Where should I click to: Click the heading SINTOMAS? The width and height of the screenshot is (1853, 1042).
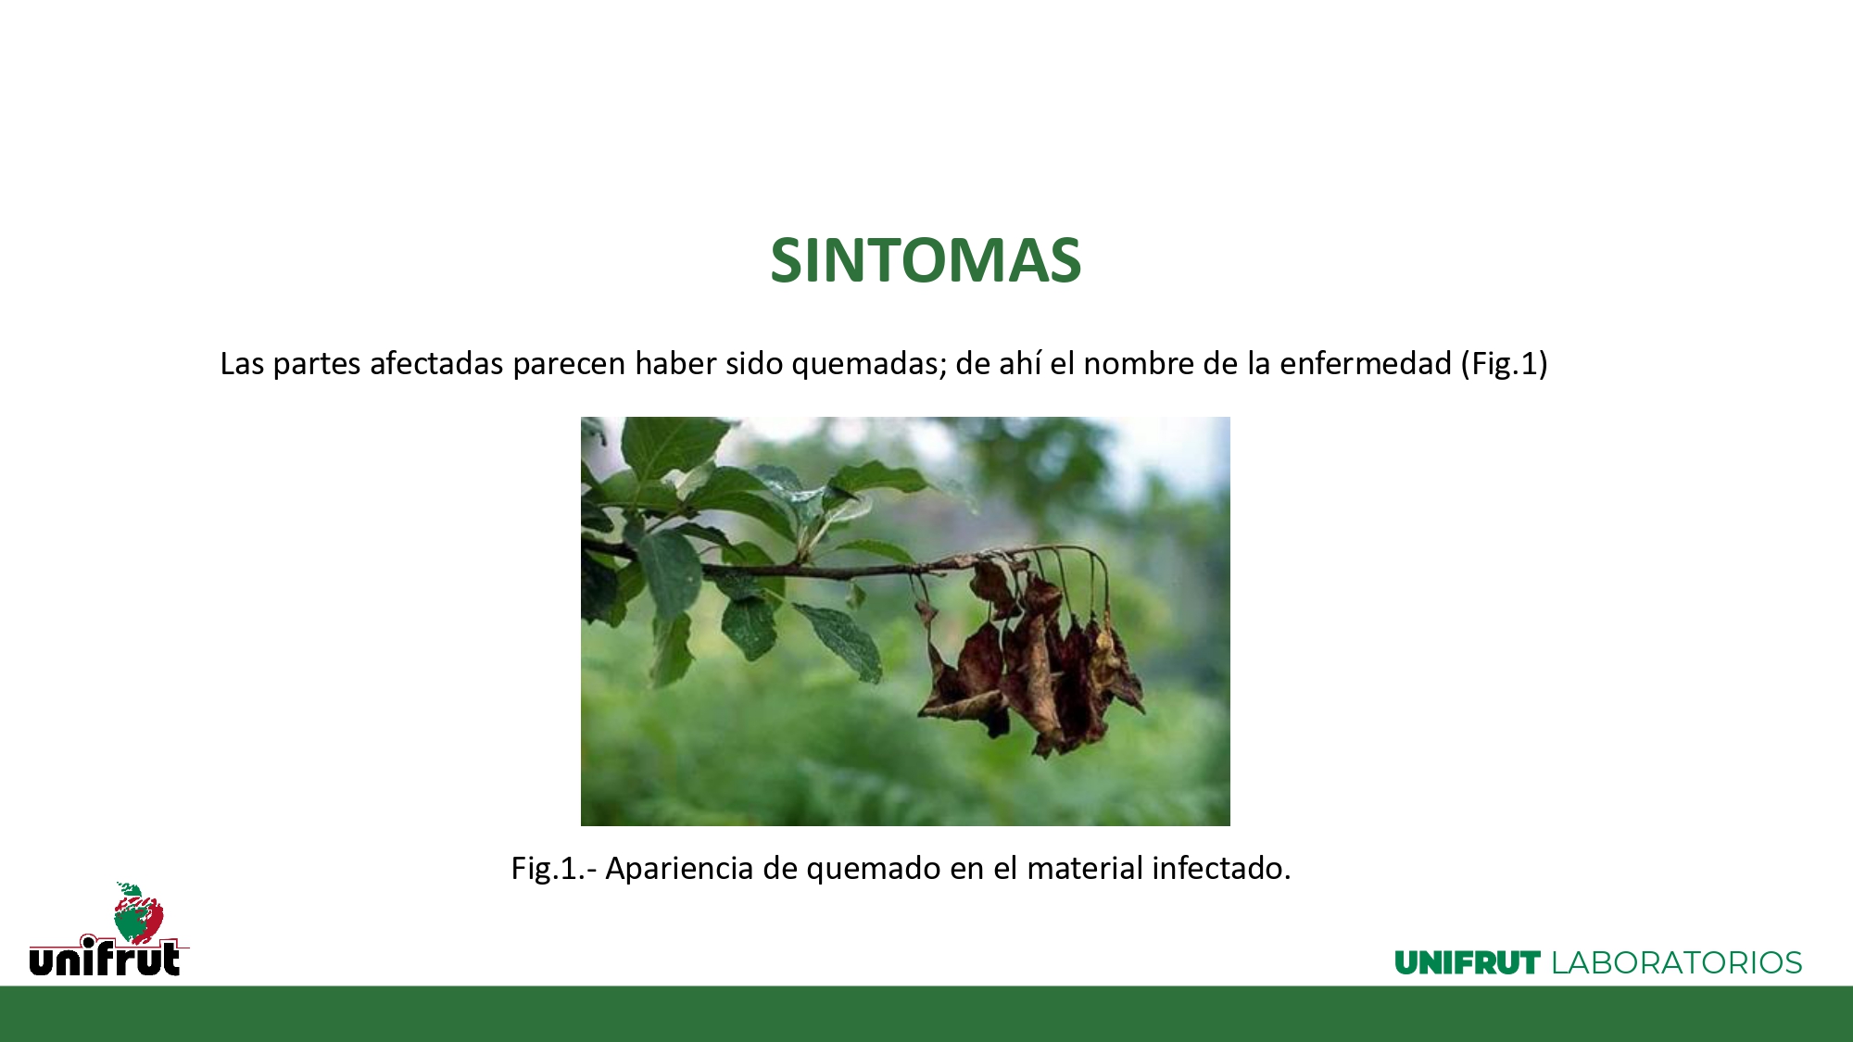point(926,260)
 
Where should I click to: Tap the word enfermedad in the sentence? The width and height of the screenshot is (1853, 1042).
point(1366,363)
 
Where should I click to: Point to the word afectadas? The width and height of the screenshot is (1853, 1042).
point(436,363)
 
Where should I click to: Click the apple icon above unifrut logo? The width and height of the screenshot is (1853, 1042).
point(138,911)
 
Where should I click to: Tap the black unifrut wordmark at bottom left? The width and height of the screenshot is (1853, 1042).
point(106,957)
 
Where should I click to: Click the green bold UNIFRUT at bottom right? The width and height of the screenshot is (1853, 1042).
point(1468,963)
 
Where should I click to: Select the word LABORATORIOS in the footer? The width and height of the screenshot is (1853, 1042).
point(1677,963)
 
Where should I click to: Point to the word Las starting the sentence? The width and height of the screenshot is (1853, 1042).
point(242,363)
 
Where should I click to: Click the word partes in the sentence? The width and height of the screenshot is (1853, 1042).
point(317,364)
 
